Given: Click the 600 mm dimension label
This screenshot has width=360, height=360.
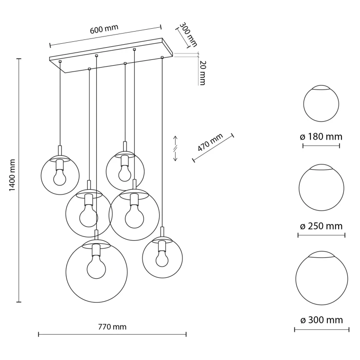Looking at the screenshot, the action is pyautogui.click(x=104, y=29).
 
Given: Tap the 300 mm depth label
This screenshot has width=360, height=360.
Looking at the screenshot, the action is pyautogui.click(x=188, y=35).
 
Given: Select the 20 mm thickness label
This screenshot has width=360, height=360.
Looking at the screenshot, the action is pyautogui.click(x=202, y=73).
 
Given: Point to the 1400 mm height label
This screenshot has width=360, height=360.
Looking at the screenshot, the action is pyautogui.click(x=12, y=175).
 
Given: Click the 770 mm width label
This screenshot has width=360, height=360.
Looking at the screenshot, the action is pyautogui.click(x=112, y=327).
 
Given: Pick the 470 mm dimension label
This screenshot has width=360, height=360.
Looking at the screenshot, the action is pyautogui.click(x=210, y=143).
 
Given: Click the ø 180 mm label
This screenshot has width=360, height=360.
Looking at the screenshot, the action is pyautogui.click(x=321, y=137).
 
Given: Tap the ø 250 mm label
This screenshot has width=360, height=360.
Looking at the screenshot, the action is pyautogui.click(x=321, y=226).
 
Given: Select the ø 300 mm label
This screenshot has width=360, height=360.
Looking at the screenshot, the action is pyautogui.click(x=322, y=320).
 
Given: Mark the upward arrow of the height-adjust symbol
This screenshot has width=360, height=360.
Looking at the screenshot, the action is pyautogui.click(x=175, y=140).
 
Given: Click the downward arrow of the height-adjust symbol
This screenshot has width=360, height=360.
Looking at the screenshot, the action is pyautogui.click(x=175, y=156).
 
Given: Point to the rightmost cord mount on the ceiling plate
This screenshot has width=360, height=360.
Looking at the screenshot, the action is pyautogui.click(x=162, y=57).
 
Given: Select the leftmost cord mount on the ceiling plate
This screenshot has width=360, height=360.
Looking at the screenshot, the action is pyautogui.click(x=60, y=61).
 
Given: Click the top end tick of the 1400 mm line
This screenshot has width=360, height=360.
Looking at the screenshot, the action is pyautogui.click(x=19, y=59).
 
